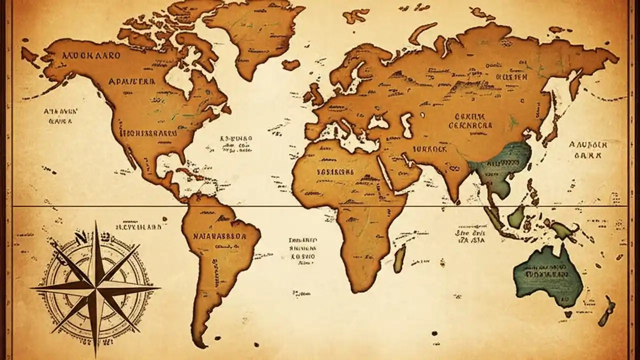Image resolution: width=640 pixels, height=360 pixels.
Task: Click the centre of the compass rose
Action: (x=94, y=288)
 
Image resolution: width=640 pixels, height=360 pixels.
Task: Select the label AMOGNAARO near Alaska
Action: (x=89, y=55)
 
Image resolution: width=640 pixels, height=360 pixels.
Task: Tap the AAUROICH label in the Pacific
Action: (x=588, y=144)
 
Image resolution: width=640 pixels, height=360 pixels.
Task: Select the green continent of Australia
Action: (x=547, y=275)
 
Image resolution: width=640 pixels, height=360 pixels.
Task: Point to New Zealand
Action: (x=609, y=306)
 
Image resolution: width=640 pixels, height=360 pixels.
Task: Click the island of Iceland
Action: (x=290, y=64)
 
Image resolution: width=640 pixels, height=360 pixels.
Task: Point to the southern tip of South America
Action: (x=199, y=343)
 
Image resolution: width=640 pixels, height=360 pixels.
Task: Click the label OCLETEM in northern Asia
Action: (x=511, y=77)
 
